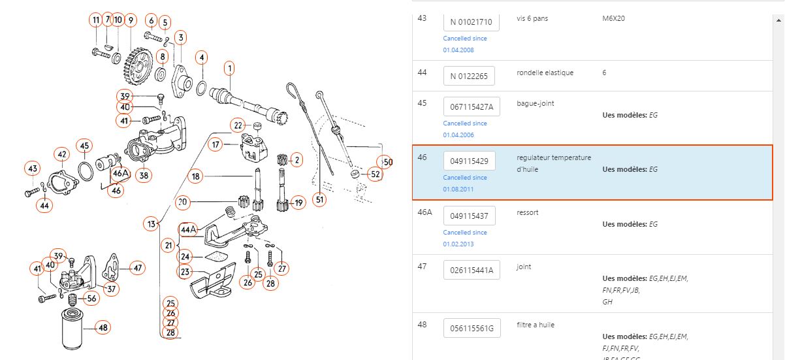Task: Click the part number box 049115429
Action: (469, 161)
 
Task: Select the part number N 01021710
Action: (471, 22)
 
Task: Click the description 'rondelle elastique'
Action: (545, 73)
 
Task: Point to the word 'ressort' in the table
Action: (527, 212)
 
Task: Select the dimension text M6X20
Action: (613, 18)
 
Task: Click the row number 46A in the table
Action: (425, 212)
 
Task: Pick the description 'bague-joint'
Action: (535, 103)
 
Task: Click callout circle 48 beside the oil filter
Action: (103, 327)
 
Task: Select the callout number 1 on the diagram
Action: (230, 67)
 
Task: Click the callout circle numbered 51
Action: (319, 200)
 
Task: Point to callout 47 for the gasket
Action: (137, 267)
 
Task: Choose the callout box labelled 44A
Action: (189, 229)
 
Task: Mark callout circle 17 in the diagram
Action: (216, 144)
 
